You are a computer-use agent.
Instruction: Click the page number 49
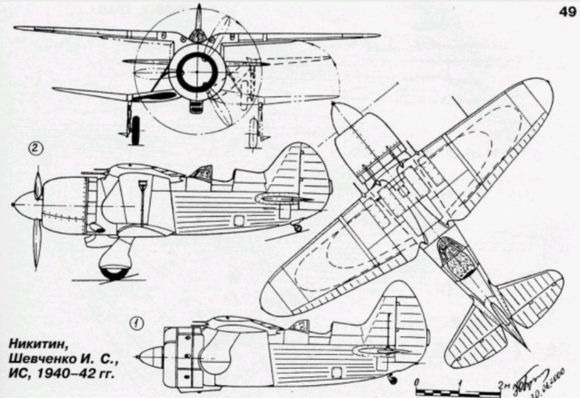[568, 12]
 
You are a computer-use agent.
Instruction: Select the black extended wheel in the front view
[135, 130]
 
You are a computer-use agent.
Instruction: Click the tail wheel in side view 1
[392, 379]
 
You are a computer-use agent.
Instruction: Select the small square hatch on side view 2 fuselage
[238, 221]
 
